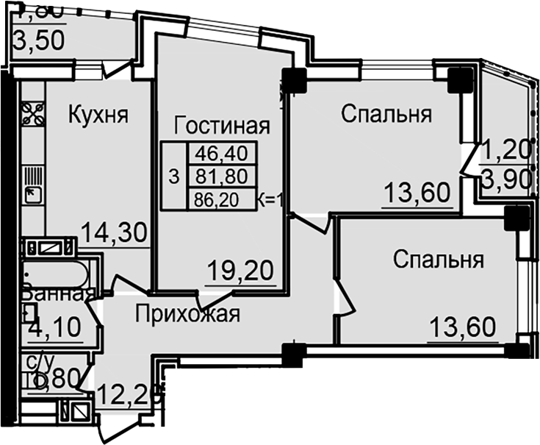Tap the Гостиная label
[222, 125]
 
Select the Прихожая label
[187, 315]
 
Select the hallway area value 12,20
[129, 398]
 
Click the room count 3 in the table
[173, 177]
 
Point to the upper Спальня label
[386, 115]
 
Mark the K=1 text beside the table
[272, 198]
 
